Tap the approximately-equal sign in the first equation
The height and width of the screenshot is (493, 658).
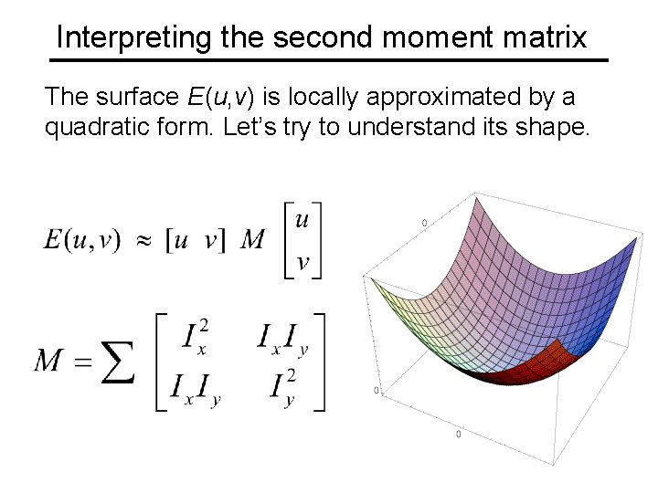coord(143,240)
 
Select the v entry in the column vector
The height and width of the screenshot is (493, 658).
coord(303,263)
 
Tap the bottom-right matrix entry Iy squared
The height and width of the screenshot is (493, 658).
coord(284,386)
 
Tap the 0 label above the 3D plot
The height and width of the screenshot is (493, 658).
coord(424,222)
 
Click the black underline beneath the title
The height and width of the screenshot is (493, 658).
coord(328,60)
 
